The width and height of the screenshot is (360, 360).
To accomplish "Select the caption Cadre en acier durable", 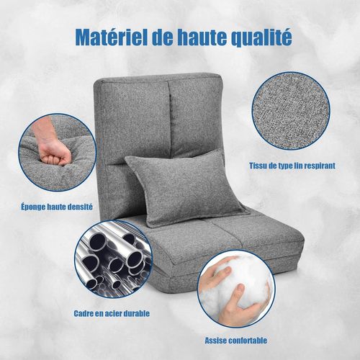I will tap(112, 314).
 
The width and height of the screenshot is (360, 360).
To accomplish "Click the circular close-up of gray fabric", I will tap(294, 109).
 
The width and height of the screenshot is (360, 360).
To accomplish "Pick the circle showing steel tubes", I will tap(113, 262).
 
